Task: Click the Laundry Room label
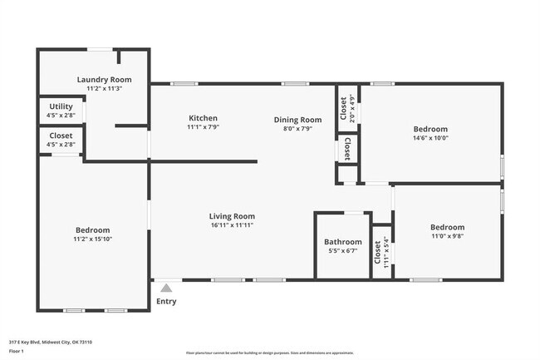click(105, 80)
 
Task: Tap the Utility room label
click(61, 106)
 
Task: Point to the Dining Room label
click(297, 120)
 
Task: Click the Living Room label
click(232, 216)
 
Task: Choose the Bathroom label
click(342, 242)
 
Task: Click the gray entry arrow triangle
click(166, 288)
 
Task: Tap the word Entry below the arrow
click(166, 301)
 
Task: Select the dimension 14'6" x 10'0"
click(430, 139)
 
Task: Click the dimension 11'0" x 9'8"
click(447, 237)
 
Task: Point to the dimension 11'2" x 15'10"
click(92, 239)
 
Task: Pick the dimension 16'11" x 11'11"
click(232, 225)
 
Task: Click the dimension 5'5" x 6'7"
click(342, 251)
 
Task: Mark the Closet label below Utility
click(61, 136)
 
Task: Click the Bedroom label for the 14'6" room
click(430, 130)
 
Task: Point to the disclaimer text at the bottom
click(269, 353)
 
